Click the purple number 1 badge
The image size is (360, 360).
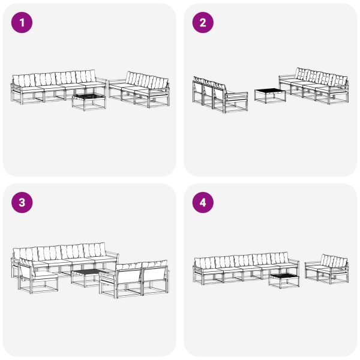pos(22,23)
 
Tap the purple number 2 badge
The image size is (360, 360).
pos(203,23)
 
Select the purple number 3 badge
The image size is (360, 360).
pos(22,203)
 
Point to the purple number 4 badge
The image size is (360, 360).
pos(203,203)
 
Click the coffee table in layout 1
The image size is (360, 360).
pos(88,100)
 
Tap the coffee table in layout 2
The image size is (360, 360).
pos(269,95)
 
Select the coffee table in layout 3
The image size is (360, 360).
pos(85,277)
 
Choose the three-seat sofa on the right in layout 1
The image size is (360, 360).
pos(141,89)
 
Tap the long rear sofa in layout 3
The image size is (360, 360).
pos(63,256)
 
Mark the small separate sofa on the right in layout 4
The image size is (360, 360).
pos(328,269)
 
